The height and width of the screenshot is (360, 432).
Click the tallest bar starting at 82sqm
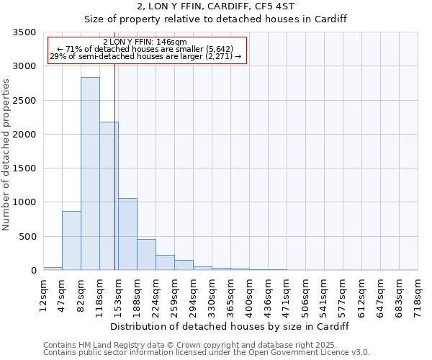90,174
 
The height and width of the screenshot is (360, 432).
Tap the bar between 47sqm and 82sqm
71,240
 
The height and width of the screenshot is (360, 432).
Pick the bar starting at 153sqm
127,234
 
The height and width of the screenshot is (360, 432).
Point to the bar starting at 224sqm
165,263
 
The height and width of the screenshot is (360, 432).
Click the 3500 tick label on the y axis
25,32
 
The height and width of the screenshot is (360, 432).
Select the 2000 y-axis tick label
25,135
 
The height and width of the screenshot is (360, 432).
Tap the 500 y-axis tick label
28,237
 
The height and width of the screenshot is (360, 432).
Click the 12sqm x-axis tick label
43,294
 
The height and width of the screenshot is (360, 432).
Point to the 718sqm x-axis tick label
418,294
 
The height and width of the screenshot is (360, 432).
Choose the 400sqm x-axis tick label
249,294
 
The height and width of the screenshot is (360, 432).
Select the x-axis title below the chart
230,326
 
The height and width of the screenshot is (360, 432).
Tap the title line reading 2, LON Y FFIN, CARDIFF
216,7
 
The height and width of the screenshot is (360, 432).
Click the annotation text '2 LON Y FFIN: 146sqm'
145,42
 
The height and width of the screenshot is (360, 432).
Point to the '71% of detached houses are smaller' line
145,49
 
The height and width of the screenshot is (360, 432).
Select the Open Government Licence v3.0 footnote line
207,353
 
